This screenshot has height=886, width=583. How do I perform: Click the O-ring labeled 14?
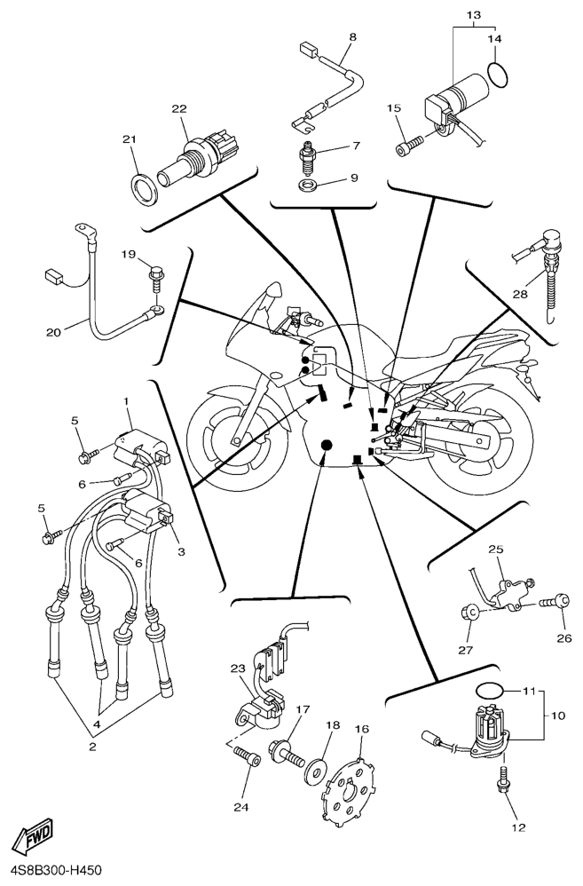499,75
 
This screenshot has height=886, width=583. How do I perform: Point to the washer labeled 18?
314,764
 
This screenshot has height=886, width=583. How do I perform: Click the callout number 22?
179,108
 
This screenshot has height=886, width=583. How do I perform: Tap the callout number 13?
473,16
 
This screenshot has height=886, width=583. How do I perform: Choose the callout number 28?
520,294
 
